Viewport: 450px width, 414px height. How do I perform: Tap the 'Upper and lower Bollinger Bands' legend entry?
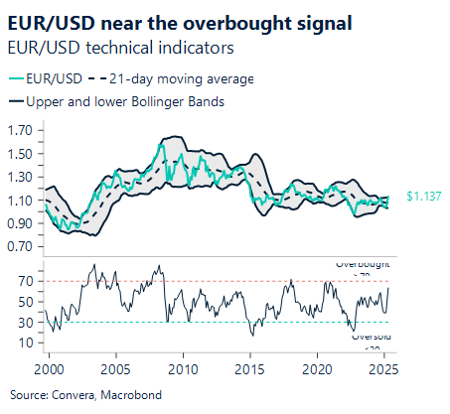coord(125,100)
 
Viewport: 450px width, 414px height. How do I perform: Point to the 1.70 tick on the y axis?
coord(20,130)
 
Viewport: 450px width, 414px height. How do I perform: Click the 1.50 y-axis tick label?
coord(20,153)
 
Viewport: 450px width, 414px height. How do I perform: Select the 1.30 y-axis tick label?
coord(20,177)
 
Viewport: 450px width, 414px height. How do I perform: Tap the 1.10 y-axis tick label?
coord(20,200)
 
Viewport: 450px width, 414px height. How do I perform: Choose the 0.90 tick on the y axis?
coord(20,222)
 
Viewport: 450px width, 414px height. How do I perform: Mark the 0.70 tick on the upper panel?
coord(20,246)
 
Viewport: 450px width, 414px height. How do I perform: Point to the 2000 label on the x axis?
coord(49,369)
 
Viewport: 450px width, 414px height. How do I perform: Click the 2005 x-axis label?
coord(115,369)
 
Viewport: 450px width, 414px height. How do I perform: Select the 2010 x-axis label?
coord(183,369)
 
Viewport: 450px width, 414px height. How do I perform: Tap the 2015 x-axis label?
coord(250,369)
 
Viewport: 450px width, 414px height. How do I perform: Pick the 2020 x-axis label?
coord(317,369)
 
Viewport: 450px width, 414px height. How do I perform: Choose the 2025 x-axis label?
coord(383,369)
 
